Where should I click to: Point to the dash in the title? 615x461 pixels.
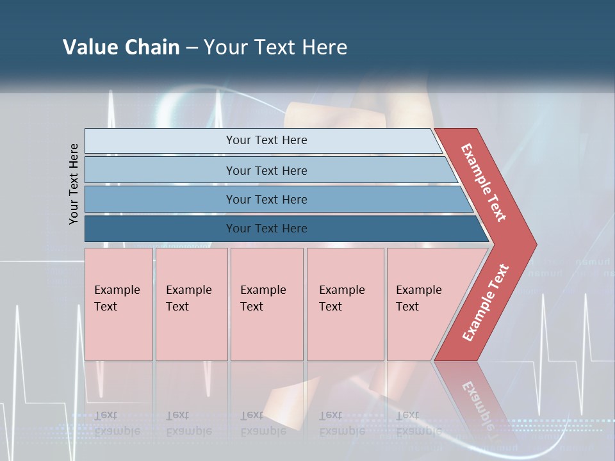pos(192,48)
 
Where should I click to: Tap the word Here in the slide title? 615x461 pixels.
pos(324,47)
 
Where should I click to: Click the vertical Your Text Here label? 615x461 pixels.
pos(74,184)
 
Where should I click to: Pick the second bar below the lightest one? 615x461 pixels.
pos(266,170)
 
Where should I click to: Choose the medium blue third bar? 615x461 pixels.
pos(266,199)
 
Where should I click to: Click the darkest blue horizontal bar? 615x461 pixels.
pos(266,229)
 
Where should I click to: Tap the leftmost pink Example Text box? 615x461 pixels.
pos(119,303)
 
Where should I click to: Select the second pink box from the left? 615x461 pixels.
pos(192,303)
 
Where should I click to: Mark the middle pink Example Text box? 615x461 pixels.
pos(266,303)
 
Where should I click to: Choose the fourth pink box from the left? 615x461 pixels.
pos(345,303)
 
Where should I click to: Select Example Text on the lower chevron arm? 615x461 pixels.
pos(485,303)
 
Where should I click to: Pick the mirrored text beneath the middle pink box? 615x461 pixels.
pos(263,423)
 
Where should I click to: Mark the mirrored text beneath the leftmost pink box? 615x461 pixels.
pos(117,423)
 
